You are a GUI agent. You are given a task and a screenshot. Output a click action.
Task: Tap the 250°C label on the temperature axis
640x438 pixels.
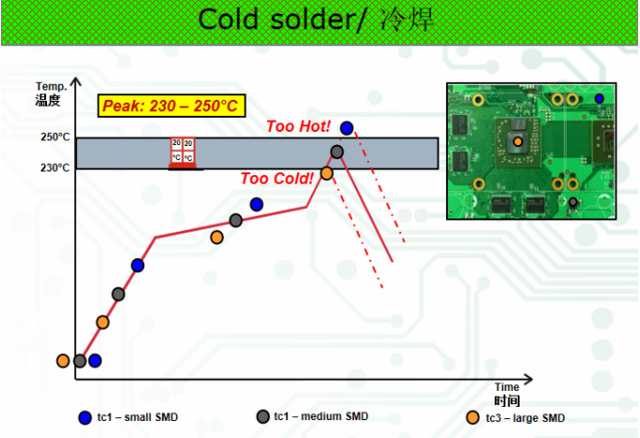pyautogui.click(x=55, y=137)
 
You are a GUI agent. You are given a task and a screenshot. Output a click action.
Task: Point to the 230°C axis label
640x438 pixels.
pyautogui.click(x=55, y=168)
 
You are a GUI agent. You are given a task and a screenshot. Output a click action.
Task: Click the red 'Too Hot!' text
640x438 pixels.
pyautogui.click(x=298, y=125)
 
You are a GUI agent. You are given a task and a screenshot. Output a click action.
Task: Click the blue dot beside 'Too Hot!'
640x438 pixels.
pyautogui.click(x=347, y=127)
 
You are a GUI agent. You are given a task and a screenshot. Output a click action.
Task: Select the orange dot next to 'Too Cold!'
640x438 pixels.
pyautogui.click(x=327, y=172)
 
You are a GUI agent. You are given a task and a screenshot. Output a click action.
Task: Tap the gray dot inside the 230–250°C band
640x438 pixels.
pyautogui.click(x=337, y=152)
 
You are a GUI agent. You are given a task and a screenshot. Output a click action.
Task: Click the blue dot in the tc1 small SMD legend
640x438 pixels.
pyautogui.click(x=85, y=417)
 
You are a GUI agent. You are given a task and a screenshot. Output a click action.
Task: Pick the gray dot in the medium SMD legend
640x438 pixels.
pyautogui.click(x=263, y=416)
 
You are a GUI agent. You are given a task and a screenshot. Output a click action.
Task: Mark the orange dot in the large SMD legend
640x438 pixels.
pyautogui.click(x=472, y=417)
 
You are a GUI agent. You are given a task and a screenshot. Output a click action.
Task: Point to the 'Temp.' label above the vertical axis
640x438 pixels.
pyautogui.click(x=48, y=87)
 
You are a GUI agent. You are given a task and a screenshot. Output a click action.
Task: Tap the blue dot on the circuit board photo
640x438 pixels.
pyautogui.click(x=600, y=98)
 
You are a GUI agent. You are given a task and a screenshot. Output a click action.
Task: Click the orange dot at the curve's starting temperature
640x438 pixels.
pyautogui.click(x=63, y=360)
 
